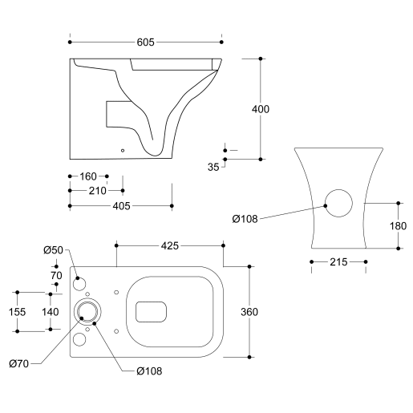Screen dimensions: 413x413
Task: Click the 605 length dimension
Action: click(x=145, y=42)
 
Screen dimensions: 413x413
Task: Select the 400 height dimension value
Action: click(x=261, y=109)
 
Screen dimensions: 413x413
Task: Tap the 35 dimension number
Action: click(x=213, y=168)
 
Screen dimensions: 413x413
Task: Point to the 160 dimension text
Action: click(x=88, y=176)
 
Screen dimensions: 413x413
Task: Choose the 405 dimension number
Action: click(x=121, y=206)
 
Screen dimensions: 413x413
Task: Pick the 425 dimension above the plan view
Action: click(x=169, y=245)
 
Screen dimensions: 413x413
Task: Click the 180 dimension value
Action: click(x=398, y=226)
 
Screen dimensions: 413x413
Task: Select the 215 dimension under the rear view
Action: click(x=338, y=262)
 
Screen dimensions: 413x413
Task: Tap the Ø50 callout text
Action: click(x=53, y=250)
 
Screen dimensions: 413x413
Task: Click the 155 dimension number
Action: click(x=17, y=312)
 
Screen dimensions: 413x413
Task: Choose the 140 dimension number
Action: click(x=51, y=312)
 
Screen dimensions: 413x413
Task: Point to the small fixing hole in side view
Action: click(x=122, y=148)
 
